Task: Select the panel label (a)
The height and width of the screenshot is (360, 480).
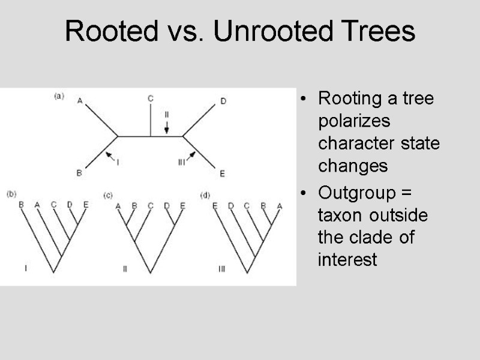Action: pos(59,96)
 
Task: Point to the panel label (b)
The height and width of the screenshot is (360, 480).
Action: pos(11,194)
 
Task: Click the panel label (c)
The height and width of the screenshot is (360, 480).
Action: pos(108,195)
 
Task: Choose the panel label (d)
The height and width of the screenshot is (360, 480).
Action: pos(205,194)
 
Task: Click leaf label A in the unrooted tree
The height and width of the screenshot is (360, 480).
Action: pos(80,101)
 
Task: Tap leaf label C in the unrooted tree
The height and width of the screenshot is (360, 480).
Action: pos(150,98)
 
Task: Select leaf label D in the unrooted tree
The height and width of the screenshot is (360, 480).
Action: pos(223,101)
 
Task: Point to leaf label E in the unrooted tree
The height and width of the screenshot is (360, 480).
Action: pos(222,173)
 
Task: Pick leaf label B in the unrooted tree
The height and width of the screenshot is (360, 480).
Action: pos(79,173)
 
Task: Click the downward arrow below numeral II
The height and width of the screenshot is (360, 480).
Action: pos(167,126)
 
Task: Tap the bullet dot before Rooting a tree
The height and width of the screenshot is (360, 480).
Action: pos(307,99)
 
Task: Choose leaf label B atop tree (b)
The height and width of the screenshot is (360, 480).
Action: pos(21,205)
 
